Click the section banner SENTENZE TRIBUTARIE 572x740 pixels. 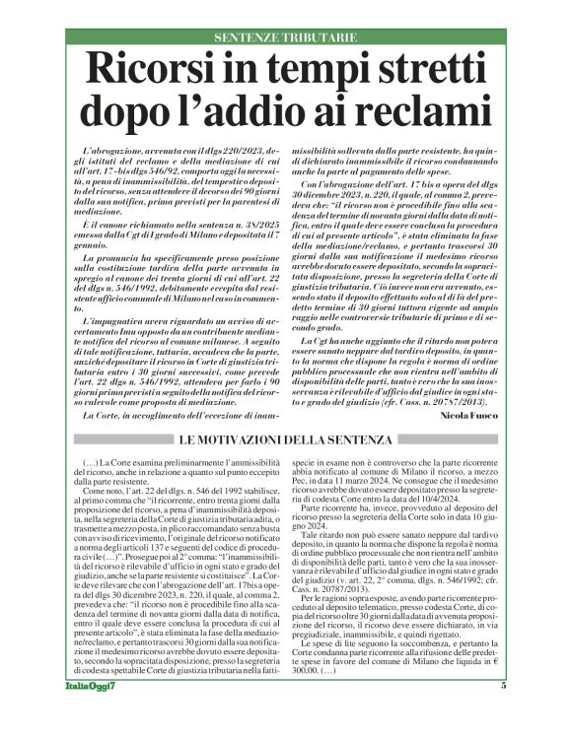click(285, 36)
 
